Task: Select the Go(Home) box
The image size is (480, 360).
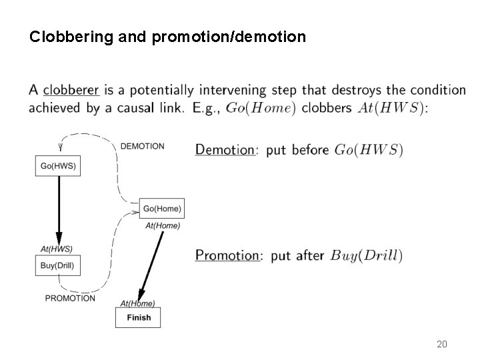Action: coord(162,209)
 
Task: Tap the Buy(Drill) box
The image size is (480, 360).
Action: coord(57,267)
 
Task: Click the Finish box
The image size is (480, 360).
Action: coord(139,317)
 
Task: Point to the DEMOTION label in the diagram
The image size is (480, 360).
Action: coord(142,146)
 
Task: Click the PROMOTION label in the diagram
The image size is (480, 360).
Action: coord(70,298)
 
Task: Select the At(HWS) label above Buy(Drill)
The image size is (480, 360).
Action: coord(57,249)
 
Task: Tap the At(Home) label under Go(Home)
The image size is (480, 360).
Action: coord(163,225)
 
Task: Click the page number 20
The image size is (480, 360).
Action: coord(441,344)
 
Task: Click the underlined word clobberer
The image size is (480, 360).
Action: coord(71,90)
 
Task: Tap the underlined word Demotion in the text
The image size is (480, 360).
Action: coord(225,150)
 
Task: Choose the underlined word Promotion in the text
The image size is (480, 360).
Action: coord(227,255)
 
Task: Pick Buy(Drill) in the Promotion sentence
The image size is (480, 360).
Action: coord(367,255)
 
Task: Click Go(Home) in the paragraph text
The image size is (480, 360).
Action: coord(261,108)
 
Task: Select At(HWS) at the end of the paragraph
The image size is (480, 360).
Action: coord(391,108)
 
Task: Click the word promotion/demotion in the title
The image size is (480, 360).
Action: coord(229,37)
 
